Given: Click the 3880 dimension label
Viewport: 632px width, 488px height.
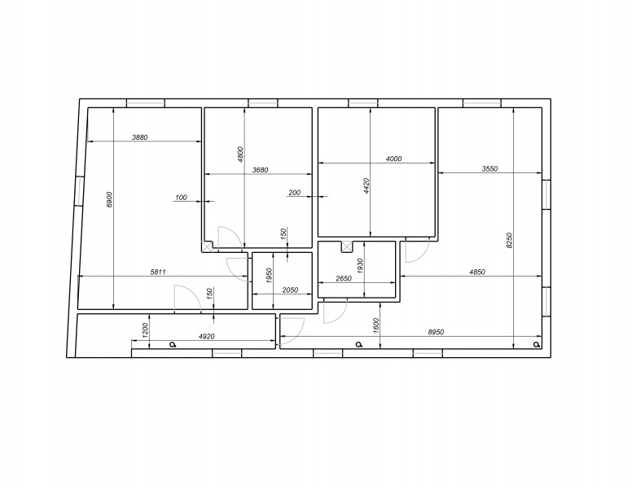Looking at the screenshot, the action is click(x=140, y=137).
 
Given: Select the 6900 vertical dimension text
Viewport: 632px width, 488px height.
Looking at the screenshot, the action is click(x=110, y=200).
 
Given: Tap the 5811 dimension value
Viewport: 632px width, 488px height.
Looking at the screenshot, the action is click(x=158, y=272).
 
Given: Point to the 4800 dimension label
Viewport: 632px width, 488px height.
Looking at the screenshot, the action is click(x=240, y=155).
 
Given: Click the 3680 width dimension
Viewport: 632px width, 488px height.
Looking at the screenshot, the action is click(x=260, y=170).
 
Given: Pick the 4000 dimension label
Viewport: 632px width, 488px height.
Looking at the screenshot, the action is click(x=394, y=159).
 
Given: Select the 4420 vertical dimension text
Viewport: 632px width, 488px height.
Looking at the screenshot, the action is click(x=366, y=186).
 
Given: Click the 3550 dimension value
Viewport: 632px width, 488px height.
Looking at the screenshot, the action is click(x=489, y=168).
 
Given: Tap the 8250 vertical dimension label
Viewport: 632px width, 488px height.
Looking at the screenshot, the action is click(x=509, y=241).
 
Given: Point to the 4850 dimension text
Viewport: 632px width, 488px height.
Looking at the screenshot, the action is click(x=477, y=272).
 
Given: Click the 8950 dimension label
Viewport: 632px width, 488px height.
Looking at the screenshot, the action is click(x=436, y=332).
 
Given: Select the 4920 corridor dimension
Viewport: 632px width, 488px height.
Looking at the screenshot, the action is click(x=206, y=336).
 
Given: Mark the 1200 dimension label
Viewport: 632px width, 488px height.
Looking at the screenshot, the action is click(x=146, y=330).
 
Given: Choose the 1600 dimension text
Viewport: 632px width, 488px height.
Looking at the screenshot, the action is click(x=376, y=325).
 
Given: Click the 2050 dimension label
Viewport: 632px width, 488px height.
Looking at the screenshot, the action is click(x=290, y=290).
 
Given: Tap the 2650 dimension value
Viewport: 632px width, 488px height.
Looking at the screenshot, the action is click(x=344, y=278).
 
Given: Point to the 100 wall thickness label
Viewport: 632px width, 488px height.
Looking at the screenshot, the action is click(x=182, y=198).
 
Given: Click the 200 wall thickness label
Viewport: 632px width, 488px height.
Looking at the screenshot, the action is click(x=295, y=193).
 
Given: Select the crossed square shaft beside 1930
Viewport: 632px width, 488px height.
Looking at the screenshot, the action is click(x=347, y=246).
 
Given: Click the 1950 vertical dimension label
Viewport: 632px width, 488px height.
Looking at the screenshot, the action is click(x=270, y=276).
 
